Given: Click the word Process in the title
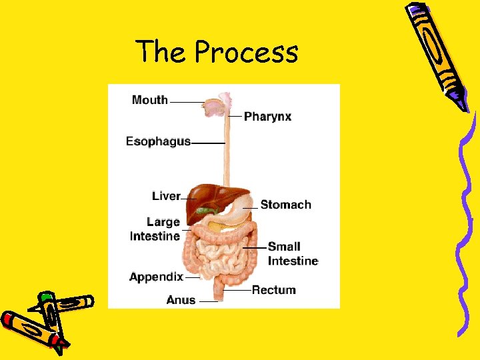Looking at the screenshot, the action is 247,52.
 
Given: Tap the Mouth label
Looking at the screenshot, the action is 150,100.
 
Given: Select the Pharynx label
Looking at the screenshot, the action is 267,117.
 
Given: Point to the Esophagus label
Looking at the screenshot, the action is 159,141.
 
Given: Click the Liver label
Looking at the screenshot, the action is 166,196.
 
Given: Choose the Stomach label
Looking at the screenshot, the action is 285,205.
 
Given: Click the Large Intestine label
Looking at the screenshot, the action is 155,229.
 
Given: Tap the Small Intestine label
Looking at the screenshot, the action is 293,254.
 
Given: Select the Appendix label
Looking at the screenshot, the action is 156,277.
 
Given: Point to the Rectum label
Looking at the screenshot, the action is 273,290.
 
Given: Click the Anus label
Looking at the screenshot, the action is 181,300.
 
